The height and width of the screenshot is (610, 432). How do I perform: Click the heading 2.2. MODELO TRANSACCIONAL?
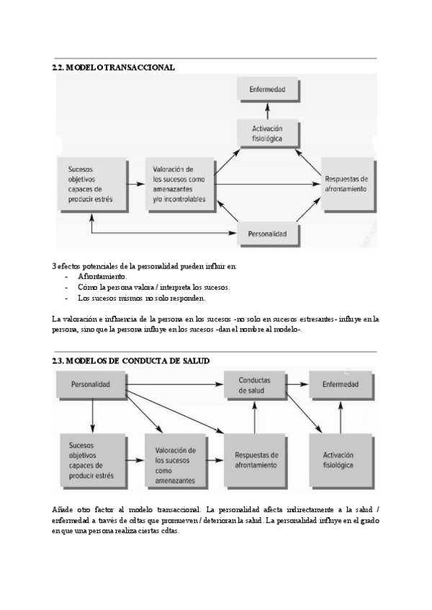click(x=114, y=68)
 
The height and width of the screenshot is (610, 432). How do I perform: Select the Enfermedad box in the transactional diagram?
click(x=267, y=90)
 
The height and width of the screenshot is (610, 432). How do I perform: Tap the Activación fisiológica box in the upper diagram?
click(x=267, y=134)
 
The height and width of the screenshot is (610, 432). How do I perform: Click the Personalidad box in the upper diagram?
click(x=267, y=234)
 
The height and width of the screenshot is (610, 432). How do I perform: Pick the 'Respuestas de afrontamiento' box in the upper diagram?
click(x=346, y=184)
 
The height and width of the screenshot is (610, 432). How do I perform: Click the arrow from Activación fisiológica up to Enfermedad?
click(x=267, y=109)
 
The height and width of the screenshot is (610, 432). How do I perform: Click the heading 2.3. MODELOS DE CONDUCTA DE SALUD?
click(x=131, y=360)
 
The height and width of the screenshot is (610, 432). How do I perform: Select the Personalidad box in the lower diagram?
click(x=91, y=385)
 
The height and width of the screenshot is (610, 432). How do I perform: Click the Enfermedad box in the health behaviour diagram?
click(x=340, y=385)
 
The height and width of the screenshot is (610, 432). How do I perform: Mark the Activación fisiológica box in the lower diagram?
click(x=340, y=460)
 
